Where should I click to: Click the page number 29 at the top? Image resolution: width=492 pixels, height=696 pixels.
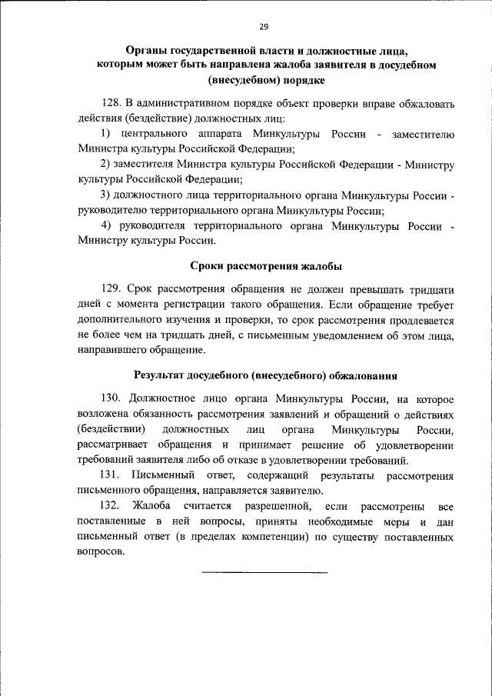(264, 27)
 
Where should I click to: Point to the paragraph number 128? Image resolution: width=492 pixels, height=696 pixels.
(112, 104)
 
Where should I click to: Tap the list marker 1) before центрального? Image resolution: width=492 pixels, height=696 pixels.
(107, 135)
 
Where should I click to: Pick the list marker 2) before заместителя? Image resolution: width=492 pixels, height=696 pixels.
(107, 165)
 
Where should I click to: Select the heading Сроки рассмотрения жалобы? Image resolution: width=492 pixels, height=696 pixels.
(265, 265)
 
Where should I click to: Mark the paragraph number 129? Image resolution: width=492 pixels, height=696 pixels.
(112, 288)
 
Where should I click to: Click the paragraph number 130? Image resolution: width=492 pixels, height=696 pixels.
(112, 400)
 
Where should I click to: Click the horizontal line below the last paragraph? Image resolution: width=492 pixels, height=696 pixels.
(264, 572)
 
